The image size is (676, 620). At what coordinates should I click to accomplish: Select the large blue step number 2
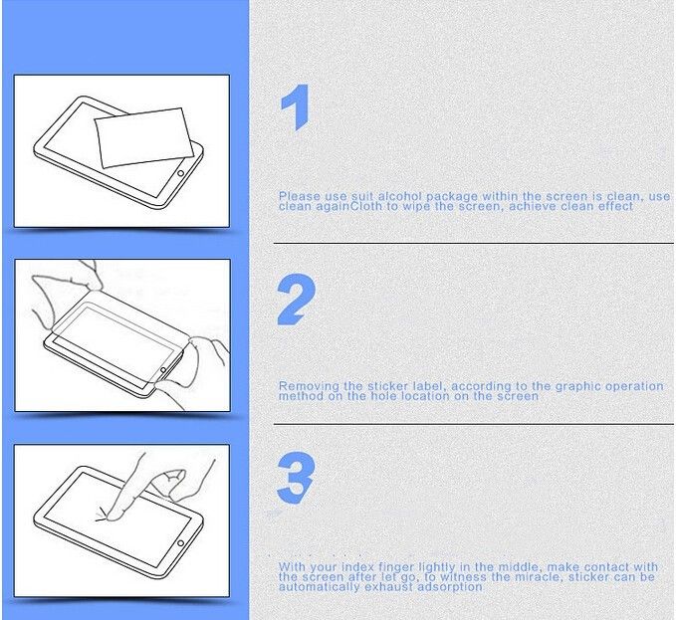tap(296, 300)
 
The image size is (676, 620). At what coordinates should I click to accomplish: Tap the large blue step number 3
tap(296, 479)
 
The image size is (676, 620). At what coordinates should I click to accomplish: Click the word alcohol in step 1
tap(400, 196)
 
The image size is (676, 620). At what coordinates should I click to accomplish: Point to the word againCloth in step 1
tap(349, 206)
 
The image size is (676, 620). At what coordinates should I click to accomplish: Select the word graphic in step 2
tap(579, 386)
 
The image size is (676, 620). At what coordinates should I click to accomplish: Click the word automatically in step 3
tap(319, 587)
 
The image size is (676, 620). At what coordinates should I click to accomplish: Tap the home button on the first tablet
tap(180, 173)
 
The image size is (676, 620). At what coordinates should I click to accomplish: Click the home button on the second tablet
tap(163, 370)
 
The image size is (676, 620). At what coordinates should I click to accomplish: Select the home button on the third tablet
tap(180, 543)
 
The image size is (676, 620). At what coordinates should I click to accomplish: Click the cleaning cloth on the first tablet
tap(144, 137)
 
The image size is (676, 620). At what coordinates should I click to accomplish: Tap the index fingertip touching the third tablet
tap(113, 515)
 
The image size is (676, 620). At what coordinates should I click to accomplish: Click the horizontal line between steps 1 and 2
tap(473, 244)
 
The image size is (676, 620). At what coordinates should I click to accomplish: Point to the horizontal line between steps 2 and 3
tap(473, 424)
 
